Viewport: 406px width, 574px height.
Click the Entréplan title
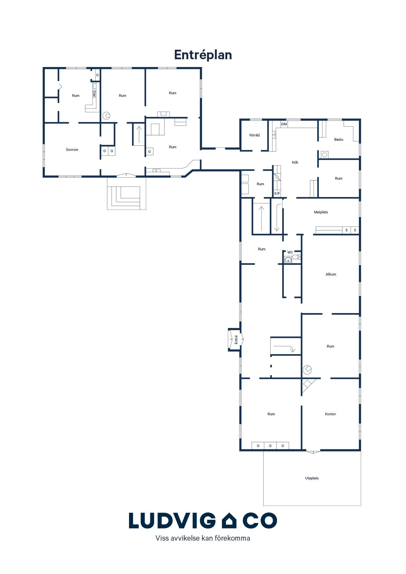pos(203,55)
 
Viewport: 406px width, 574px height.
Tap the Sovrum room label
pos(72,150)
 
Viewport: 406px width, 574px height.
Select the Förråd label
pos(254,135)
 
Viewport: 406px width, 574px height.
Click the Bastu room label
pos(339,139)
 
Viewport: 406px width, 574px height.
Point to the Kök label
pos(295,162)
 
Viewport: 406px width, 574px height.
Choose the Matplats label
pos(321,212)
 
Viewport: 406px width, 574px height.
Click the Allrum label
pos(331,274)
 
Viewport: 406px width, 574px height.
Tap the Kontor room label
pos(330,414)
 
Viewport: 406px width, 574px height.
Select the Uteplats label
pos(312,478)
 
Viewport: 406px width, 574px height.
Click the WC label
pos(290,252)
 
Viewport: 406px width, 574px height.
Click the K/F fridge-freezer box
pos(277,193)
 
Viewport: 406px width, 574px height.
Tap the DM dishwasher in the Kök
pos(284,124)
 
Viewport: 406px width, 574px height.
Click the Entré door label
pos(236,340)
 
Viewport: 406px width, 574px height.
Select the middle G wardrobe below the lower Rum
pos(270,446)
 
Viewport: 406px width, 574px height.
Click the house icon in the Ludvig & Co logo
pos(229,520)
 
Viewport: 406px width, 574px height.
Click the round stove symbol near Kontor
pos(307,370)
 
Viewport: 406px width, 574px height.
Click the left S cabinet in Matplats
pos(346,230)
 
